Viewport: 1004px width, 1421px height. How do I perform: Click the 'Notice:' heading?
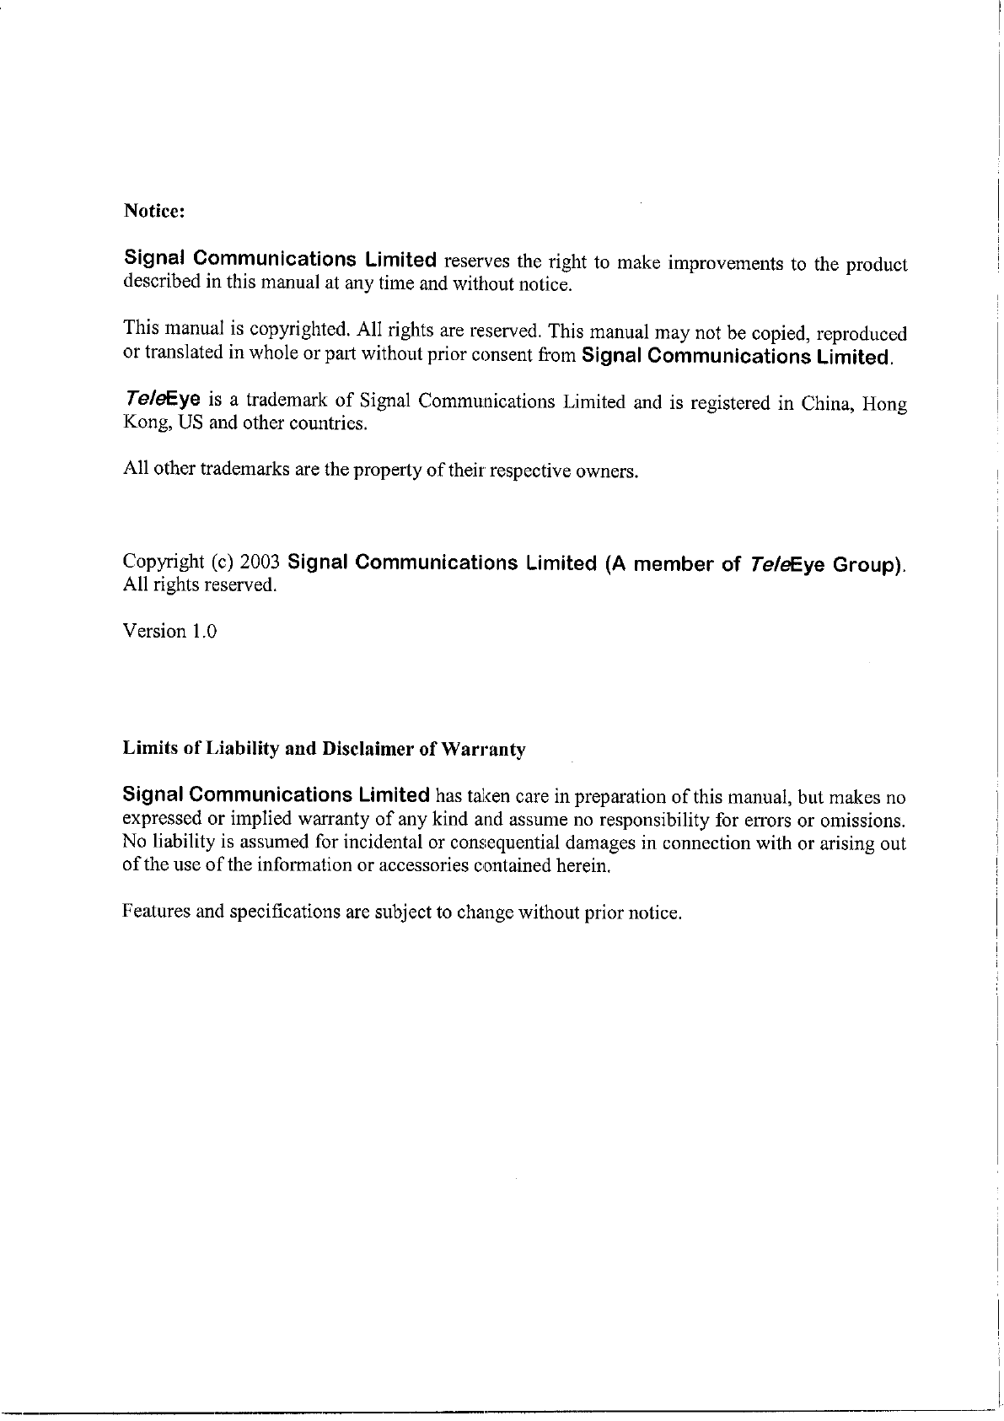154,211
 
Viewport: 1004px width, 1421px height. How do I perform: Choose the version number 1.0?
203,631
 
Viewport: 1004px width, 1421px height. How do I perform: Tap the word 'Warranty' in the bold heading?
484,750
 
